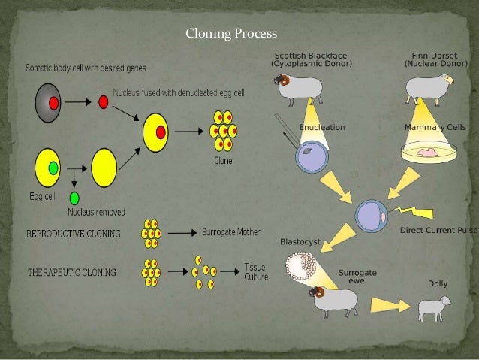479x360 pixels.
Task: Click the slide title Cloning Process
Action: pos(231,34)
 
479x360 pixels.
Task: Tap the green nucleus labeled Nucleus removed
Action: pos(74,198)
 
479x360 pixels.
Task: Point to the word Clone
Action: pos(222,160)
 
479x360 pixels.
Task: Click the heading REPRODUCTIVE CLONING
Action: pos(73,233)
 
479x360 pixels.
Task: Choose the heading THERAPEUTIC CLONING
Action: pos(71,272)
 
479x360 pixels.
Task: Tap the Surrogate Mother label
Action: pos(234,232)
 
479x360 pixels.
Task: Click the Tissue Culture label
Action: pos(255,271)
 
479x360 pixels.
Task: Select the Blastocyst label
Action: pos(300,242)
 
